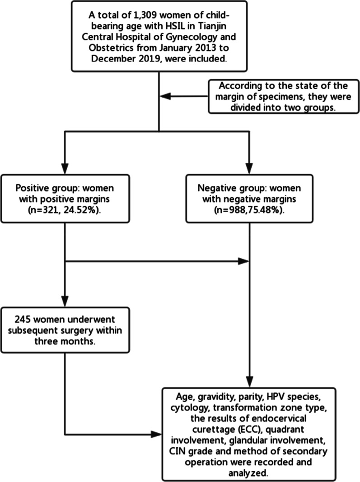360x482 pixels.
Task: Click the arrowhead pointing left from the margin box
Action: point(165,96)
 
